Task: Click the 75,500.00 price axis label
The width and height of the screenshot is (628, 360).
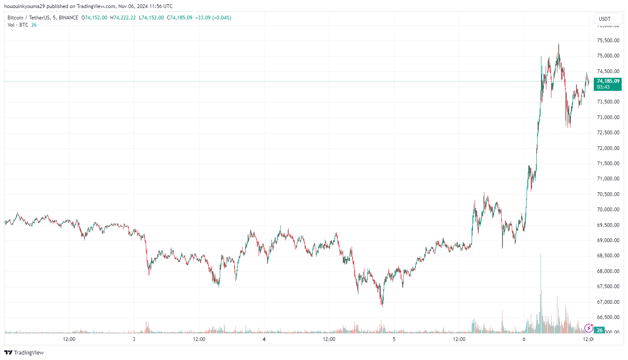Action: (x=608, y=41)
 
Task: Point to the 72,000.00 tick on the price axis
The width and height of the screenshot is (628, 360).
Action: (x=608, y=148)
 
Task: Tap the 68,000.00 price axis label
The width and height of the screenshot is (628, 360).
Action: (x=608, y=271)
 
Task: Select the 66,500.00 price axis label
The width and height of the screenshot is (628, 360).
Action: (x=608, y=317)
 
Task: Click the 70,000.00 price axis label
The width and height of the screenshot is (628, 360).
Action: (x=608, y=210)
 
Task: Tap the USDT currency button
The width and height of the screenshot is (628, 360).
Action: (x=605, y=19)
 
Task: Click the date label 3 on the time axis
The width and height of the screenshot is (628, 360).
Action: (x=134, y=339)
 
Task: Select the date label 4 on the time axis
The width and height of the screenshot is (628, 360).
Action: (x=264, y=339)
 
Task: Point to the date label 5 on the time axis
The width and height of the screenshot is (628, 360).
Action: (x=394, y=339)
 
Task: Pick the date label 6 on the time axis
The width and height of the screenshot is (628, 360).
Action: (x=524, y=339)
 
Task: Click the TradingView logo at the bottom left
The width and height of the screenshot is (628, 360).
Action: (x=24, y=352)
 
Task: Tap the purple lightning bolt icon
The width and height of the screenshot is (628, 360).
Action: (x=588, y=328)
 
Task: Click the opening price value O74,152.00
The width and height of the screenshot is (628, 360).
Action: (x=94, y=18)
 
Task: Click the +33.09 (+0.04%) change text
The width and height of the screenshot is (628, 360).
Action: (x=213, y=18)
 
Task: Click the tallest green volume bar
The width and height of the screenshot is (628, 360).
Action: (x=541, y=296)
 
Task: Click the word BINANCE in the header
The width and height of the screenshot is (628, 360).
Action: (x=68, y=18)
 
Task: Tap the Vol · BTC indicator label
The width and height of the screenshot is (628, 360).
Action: (x=18, y=25)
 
